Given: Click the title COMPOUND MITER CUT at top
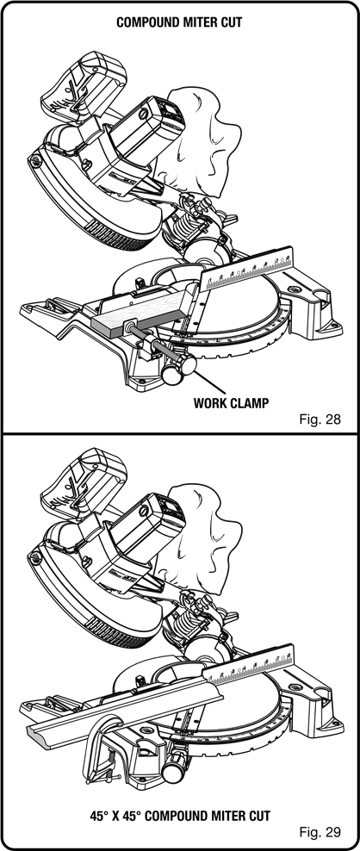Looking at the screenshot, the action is click(x=179, y=22).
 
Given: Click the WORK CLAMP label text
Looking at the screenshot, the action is click(x=232, y=403).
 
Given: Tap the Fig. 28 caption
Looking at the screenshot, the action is click(x=320, y=419).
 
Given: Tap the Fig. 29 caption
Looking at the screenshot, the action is click(x=320, y=831).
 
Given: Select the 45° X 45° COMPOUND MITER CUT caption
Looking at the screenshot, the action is click(x=180, y=815).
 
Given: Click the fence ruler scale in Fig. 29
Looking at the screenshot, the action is click(x=249, y=664).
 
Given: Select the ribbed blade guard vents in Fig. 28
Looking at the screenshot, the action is click(x=121, y=233).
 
